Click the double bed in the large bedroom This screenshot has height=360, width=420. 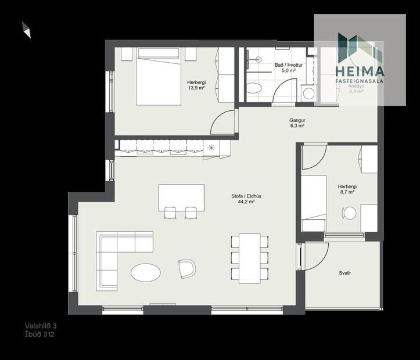(x=158, y=77)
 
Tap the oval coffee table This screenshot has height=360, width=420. (x=146, y=272)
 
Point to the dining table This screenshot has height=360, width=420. (x=249, y=257)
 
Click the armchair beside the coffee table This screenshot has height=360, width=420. (x=187, y=268)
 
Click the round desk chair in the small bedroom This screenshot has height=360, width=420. (x=349, y=213)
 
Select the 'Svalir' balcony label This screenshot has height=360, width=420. (x=345, y=273)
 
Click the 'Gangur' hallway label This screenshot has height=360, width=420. (x=297, y=120)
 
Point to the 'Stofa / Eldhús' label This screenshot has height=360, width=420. (x=246, y=196)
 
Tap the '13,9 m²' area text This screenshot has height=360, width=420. (x=196, y=88)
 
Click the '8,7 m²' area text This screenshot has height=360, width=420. (x=347, y=192)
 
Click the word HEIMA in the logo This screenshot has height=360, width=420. (x=360, y=71)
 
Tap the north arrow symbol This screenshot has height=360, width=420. (x=26, y=30)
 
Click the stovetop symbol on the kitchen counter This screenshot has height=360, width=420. (x=210, y=147)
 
